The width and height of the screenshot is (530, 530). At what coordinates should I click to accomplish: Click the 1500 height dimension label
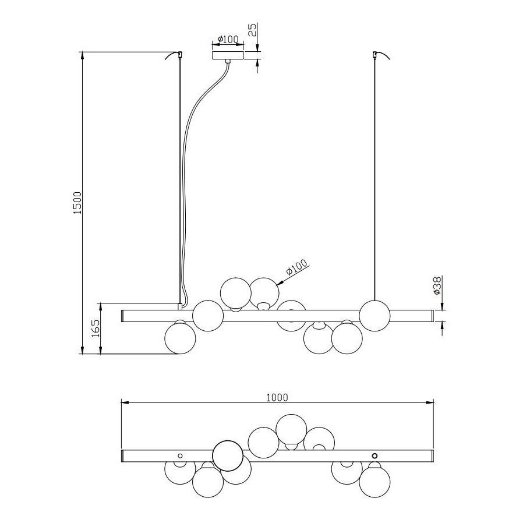point(77,203)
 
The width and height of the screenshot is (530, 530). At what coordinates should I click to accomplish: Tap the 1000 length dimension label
point(277,397)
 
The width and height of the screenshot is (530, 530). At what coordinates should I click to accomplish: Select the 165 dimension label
point(96,328)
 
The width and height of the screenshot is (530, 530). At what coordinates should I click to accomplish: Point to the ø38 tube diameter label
point(437,285)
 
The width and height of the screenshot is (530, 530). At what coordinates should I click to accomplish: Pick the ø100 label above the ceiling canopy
point(228,39)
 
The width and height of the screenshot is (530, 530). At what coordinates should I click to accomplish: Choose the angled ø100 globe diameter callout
point(297,267)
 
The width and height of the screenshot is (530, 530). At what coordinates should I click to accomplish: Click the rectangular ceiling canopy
point(228,55)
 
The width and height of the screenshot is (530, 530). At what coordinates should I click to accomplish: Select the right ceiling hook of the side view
point(380,55)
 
